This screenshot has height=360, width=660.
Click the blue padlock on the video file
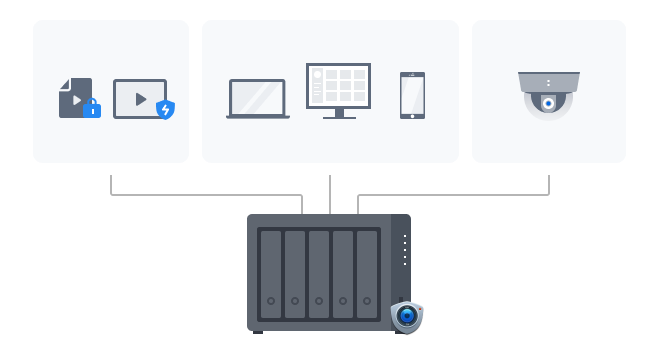point(92,108)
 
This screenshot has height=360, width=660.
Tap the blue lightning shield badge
point(165,109)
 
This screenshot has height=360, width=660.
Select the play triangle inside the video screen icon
point(140,99)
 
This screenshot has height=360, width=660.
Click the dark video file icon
point(73,96)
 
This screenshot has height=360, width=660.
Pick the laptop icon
point(257,99)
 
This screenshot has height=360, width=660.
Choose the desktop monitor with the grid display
point(338,86)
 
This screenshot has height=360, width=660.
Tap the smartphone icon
point(412,96)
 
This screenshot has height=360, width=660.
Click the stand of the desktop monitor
point(339,114)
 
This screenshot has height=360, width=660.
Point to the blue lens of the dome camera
point(548,103)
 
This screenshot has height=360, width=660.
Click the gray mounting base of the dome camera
point(549,81)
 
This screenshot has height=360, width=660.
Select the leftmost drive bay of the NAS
point(271,274)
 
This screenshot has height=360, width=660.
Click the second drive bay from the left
point(295,274)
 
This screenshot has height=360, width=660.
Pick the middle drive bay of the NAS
point(319,274)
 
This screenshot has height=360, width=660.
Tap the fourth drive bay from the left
point(343,274)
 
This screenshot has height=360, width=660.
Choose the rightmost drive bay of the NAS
point(367,274)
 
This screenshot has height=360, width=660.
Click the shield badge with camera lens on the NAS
point(406,316)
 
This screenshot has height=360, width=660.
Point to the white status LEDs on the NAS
point(405,249)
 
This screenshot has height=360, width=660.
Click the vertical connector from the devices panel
point(330,195)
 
